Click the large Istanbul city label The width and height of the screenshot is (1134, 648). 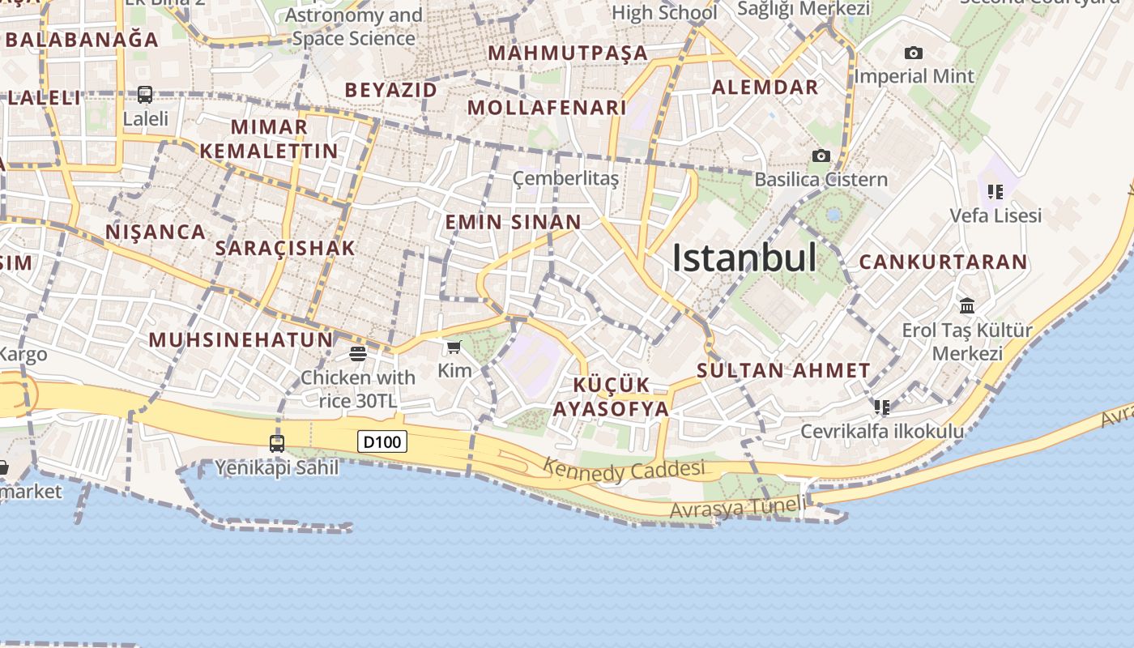click(744, 258)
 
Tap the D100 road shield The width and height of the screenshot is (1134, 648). click(382, 441)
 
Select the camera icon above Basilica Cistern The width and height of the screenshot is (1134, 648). click(821, 156)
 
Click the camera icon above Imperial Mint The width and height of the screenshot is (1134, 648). click(914, 53)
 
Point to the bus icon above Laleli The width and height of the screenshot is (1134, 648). click(145, 95)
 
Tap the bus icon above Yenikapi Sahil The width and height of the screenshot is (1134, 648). click(277, 443)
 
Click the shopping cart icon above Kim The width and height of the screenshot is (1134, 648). click(454, 347)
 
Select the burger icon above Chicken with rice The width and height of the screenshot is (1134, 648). click(358, 353)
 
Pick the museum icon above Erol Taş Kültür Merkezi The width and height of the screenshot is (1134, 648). click(967, 305)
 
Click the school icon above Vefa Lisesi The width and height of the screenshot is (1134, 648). click(995, 192)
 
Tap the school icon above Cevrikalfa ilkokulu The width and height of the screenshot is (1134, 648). click(882, 407)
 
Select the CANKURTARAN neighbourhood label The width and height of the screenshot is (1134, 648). click(943, 262)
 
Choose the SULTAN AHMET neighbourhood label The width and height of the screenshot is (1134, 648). click(783, 371)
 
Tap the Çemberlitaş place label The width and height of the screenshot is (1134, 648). click(565, 178)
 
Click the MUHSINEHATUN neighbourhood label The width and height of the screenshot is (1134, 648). click(241, 339)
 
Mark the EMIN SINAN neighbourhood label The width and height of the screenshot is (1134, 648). click(513, 222)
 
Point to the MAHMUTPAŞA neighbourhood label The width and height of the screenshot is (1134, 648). click(568, 53)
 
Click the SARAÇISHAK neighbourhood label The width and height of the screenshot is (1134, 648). click(284, 248)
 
